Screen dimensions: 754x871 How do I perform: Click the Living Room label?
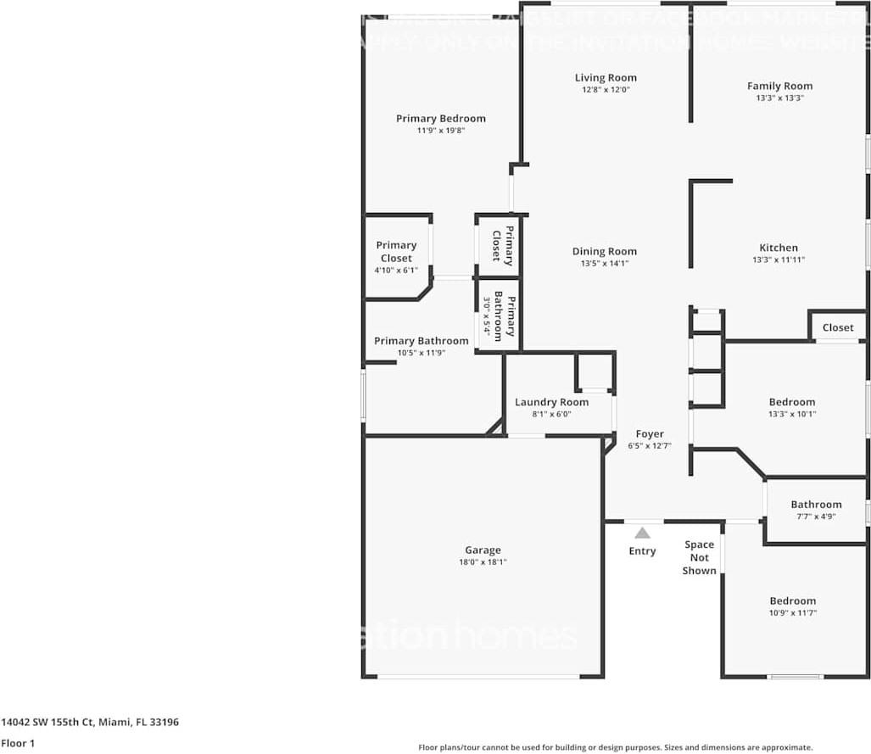point(606,78)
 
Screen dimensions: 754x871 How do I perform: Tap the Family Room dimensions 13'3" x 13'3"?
point(779,98)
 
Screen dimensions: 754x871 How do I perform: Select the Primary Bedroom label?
point(440,119)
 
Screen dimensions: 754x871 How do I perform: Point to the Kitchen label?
point(778,248)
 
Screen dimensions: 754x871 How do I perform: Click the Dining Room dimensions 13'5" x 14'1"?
point(604,264)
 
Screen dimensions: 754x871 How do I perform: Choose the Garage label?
point(483,550)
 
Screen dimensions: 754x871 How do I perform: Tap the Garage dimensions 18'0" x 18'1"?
point(483,562)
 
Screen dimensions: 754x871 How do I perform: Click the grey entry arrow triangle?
point(643,533)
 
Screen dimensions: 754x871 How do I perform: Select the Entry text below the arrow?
point(642,551)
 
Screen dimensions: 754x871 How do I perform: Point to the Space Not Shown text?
point(700,557)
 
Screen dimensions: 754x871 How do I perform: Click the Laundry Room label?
point(551,402)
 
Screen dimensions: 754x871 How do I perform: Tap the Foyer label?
point(650,434)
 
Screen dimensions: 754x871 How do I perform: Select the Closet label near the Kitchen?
point(838,327)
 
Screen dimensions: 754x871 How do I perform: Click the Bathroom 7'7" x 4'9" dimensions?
point(816,517)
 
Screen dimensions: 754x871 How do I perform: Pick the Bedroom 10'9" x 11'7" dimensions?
point(792,613)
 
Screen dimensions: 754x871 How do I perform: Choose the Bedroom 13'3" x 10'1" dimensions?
point(791,415)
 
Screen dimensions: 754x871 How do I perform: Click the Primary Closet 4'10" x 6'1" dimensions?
point(396,271)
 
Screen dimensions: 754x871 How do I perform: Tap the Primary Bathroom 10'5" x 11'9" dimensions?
point(421,353)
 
